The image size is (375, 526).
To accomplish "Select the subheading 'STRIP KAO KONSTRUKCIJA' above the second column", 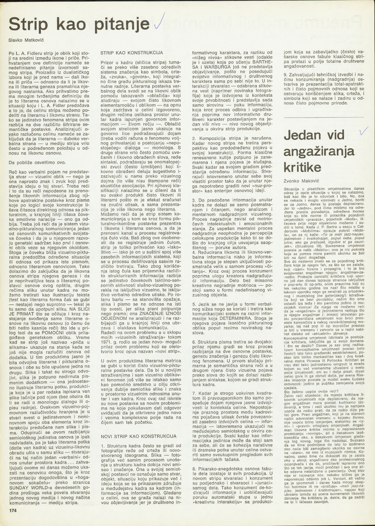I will [132, 53].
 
